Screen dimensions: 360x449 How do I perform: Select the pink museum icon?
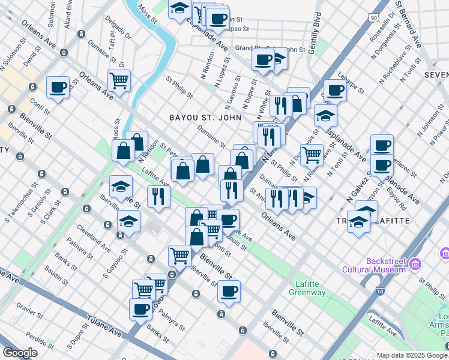[x=415, y=263]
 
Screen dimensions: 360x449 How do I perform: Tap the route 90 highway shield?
[x=375, y=19]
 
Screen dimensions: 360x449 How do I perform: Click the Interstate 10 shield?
[x=381, y=292]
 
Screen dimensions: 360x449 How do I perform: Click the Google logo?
[x=20, y=352]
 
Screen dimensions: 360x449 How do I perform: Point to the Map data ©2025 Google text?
[x=412, y=355]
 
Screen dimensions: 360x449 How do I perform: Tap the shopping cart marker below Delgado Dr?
[x=119, y=79]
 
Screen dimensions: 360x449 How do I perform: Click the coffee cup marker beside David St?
[x=58, y=88]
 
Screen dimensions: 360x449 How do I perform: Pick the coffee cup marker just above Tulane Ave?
[x=140, y=309]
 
